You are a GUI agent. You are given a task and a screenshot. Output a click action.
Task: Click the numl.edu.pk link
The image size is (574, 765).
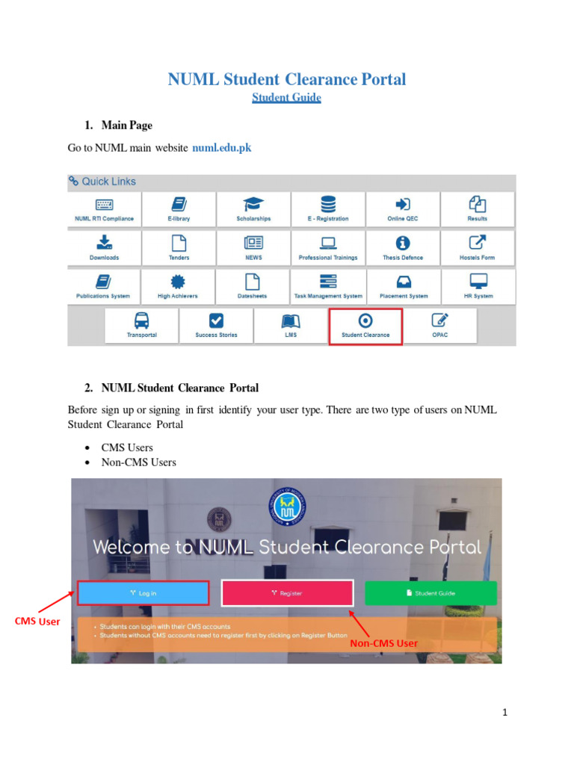pyautogui.click(x=222, y=148)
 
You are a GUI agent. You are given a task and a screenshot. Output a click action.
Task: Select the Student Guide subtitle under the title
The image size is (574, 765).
pyautogui.click(x=286, y=98)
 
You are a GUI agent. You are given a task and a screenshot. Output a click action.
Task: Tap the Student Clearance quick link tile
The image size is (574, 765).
pyautogui.click(x=365, y=326)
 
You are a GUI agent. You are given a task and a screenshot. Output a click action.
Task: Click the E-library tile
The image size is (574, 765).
pyautogui.click(x=179, y=210)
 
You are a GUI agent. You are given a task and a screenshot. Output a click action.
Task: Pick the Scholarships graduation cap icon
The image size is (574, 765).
pyautogui.click(x=253, y=204)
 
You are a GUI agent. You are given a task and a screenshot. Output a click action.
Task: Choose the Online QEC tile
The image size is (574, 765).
pyautogui.click(x=403, y=210)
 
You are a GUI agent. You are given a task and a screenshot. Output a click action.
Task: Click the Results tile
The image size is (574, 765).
pyautogui.click(x=478, y=210)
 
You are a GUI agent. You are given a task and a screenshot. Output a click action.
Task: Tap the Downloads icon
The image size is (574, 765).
pyautogui.click(x=104, y=242)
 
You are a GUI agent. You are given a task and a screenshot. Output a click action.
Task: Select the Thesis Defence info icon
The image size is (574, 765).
pyautogui.click(x=403, y=242)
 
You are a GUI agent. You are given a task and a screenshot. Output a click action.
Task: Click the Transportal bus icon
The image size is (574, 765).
pyautogui.click(x=141, y=320)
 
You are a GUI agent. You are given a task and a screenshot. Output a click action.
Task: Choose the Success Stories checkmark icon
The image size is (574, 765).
pyautogui.click(x=216, y=320)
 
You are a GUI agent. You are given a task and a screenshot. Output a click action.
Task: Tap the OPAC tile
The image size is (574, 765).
pyautogui.click(x=440, y=326)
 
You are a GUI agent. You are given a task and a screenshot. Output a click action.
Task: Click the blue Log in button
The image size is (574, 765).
pyautogui.click(x=143, y=593)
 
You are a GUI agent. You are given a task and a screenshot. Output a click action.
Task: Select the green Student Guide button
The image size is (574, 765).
pyautogui.click(x=430, y=593)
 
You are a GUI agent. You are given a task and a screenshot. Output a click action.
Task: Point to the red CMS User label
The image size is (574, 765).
pyautogui.click(x=37, y=622)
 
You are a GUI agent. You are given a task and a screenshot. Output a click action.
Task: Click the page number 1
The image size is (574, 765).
pyautogui.click(x=505, y=713)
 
